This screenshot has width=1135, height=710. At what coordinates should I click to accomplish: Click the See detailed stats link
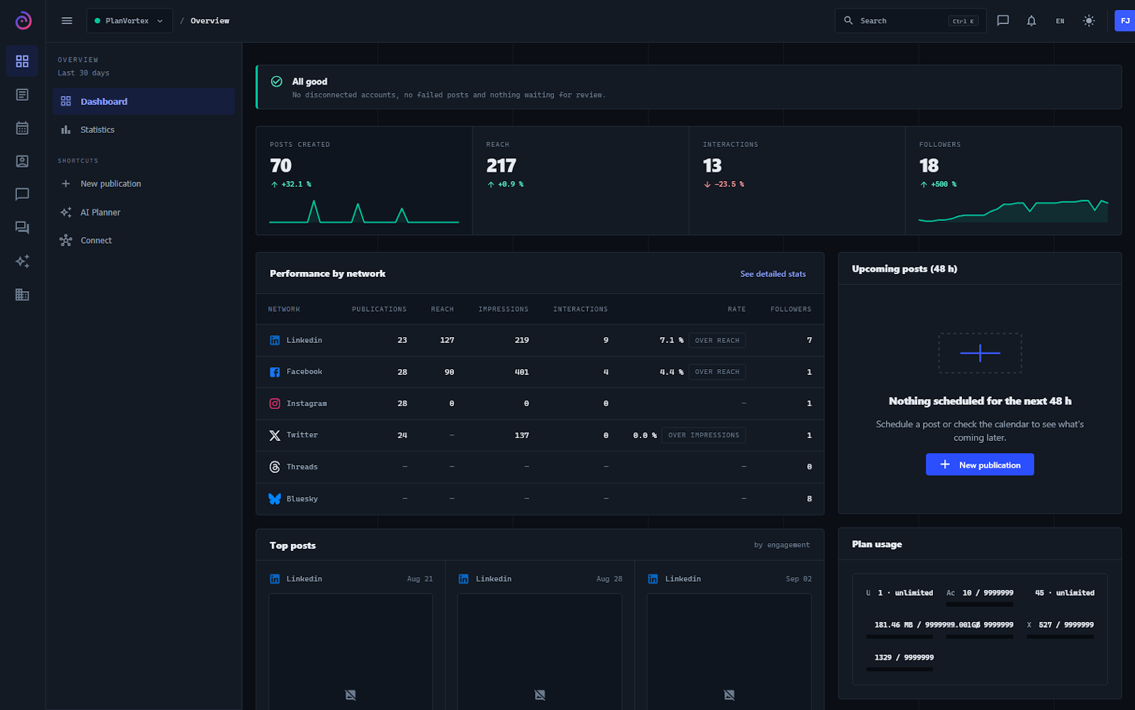coord(773,274)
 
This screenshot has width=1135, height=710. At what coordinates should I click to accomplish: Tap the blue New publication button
coord(980,464)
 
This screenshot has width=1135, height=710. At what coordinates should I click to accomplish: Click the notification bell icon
coord(1031,21)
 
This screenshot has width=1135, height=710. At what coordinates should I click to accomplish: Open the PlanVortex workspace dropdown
coord(130,21)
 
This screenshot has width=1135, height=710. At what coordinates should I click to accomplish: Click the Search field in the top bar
coord(911,21)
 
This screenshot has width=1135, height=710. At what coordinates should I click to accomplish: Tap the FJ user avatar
coord(1125,21)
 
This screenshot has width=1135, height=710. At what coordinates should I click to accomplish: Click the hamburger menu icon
coord(67,21)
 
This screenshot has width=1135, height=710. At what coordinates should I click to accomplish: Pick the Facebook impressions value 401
coord(521,372)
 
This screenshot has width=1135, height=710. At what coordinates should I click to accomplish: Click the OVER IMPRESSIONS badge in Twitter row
coord(703,435)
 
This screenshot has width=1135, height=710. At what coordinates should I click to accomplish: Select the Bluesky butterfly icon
coord(275,498)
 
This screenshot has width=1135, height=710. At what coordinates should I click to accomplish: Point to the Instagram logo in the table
coord(275,403)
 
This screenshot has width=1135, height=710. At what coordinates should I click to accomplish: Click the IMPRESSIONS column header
coord(503,309)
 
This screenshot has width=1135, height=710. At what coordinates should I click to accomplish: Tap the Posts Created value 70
coord(281,165)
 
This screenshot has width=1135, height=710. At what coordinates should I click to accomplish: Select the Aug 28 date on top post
coord(609,579)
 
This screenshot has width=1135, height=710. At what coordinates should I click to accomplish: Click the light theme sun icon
coord(1088,21)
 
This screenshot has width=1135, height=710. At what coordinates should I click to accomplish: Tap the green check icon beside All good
coord(277,81)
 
